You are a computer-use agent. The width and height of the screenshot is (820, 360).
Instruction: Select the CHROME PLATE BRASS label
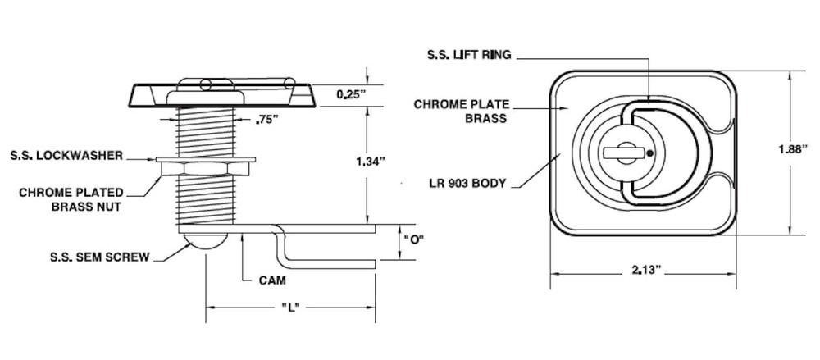(462, 111)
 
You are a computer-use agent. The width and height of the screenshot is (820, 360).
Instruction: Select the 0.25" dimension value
(351, 94)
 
